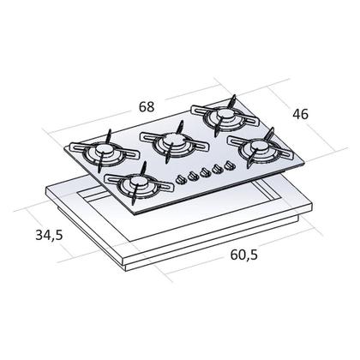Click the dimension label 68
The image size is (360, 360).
coord(147,107)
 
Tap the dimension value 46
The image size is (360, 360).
coord(300,114)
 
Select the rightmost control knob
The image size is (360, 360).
coord(230,165)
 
